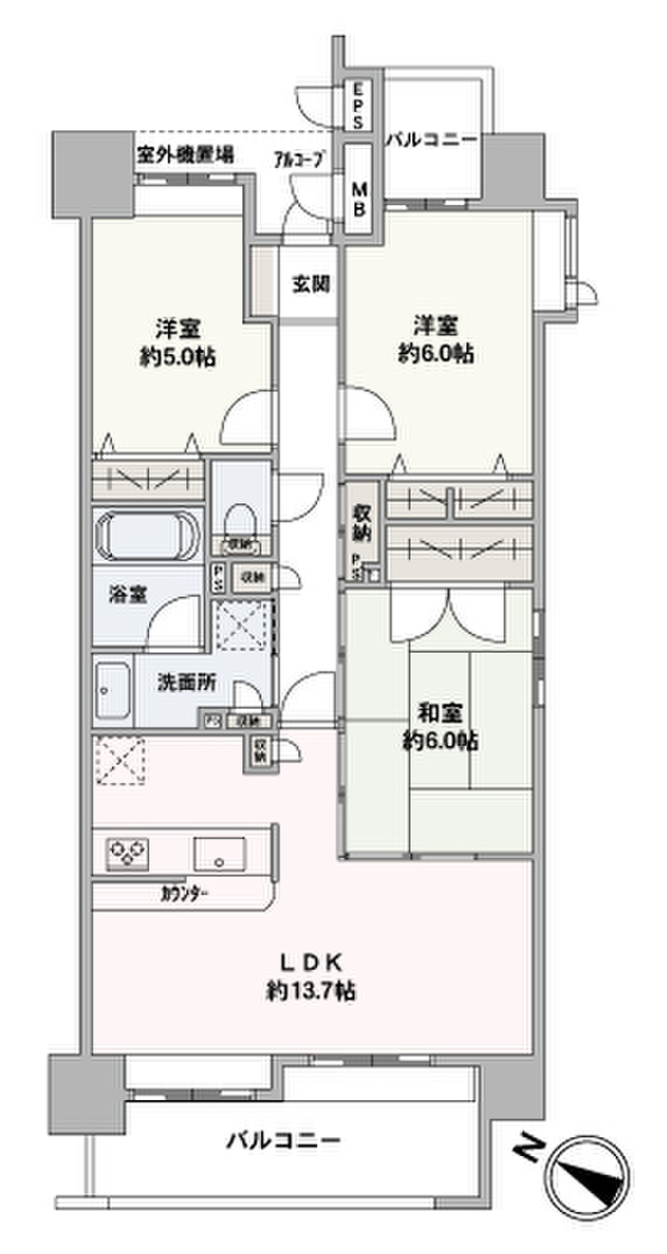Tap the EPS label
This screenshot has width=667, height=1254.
pyautogui.click(x=358, y=105)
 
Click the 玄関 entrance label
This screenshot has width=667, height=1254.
pyautogui.click(x=309, y=285)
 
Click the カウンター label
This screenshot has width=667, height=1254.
pyautogui.click(x=183, y=893)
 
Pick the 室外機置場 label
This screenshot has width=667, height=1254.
pyautogui.click(x=184, y=153)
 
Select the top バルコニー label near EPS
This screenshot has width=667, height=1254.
pyautogui.click(x=432, y=140)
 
